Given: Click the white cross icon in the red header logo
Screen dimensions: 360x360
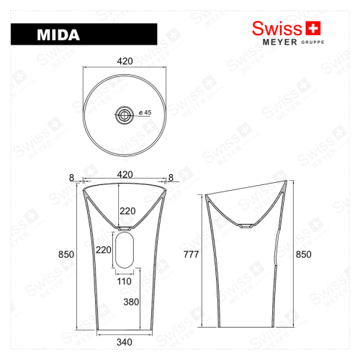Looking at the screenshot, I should (x=312, y=28).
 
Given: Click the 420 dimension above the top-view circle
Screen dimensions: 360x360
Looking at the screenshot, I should (x=125, y=62).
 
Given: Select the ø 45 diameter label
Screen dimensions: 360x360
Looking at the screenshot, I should (x=143, y=112).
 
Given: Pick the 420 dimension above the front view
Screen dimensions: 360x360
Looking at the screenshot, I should (x=126, y=174).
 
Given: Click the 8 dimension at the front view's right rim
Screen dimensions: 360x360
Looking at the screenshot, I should (x=172, y=177).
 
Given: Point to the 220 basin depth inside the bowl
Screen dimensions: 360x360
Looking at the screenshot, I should (x=127, y=211).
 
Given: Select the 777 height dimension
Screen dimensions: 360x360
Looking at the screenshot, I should (x=192, y=254).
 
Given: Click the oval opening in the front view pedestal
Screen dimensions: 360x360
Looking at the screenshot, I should (x=125, y=249).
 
